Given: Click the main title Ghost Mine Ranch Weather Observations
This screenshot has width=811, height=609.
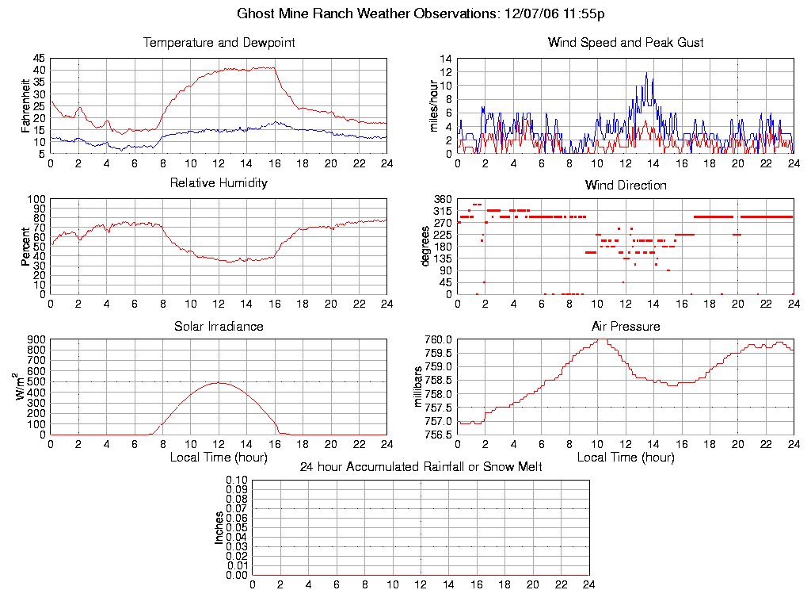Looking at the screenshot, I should pos(422,13).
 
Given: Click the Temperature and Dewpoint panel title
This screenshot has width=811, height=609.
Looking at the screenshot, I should pos(219,42).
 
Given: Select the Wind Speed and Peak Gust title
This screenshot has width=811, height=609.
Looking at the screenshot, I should pos(626,42).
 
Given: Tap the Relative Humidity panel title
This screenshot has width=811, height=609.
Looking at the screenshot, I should pos(219,183).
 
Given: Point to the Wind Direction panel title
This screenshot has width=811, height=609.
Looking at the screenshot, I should pos(626,185).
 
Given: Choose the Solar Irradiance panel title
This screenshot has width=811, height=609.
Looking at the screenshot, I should pos(219,326).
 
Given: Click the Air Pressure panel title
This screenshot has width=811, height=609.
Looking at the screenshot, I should pos(626,326).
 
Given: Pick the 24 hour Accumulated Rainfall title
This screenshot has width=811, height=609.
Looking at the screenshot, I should pos(421,467).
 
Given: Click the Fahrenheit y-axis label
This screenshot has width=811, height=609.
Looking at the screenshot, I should pos(26,106).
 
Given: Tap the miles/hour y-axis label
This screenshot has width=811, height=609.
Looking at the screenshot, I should pos(433,106).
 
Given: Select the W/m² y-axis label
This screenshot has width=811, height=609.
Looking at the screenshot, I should pos(23,386).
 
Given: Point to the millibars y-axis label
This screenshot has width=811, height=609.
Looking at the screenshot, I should pos(421,386).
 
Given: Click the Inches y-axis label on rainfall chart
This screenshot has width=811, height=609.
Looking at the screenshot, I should pos(219,527).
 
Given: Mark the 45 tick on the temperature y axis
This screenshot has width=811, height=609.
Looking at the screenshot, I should pos(39,59).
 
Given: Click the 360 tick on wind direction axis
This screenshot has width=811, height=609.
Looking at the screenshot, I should pos(441,199).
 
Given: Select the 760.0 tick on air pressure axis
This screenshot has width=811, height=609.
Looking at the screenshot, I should pos(437,339).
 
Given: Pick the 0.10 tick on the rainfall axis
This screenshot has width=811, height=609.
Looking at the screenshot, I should pos(237,481).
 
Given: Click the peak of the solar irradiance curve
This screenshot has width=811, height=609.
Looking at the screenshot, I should pos(219,383).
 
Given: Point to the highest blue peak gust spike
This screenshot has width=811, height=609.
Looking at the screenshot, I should pos(646,73).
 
